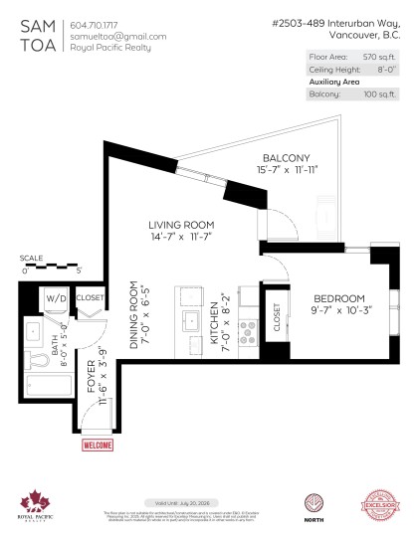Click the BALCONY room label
click(286, 158)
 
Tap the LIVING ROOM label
click(181, 226)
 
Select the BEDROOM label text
click(339, 298)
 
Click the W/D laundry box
click(55, 297)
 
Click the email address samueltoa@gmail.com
click(118, 36)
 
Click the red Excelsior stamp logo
click(383, 503)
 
